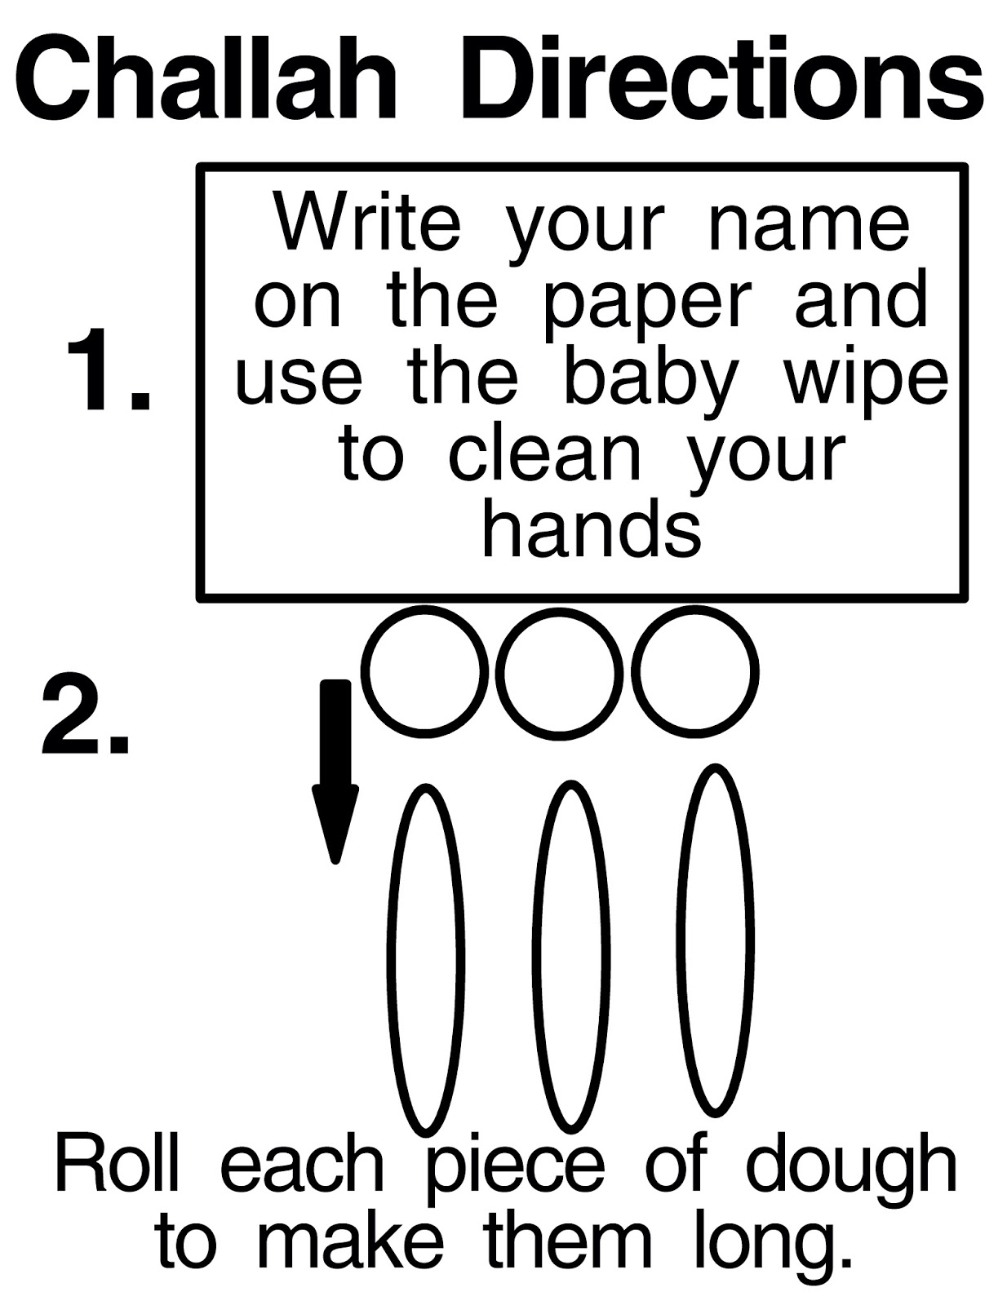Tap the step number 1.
[x=109, y=369]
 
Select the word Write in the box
[x=367, y=223]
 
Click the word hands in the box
[x=592, y=527]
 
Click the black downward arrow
[x=335, y=771]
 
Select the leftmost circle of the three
[x=369, y=671]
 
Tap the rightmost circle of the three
[x=635, y=671]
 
